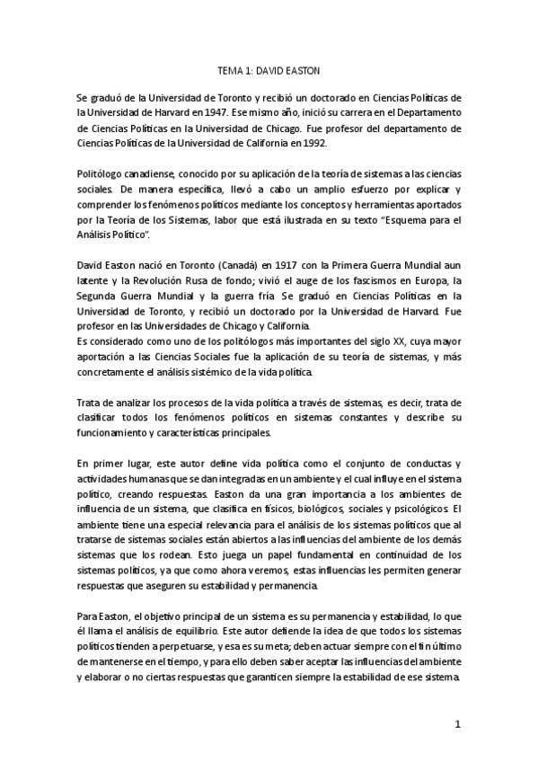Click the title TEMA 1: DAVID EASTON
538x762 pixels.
click(269, 68)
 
